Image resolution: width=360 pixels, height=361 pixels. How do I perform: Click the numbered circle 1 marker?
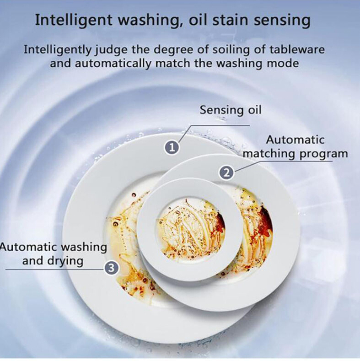coord(172,147)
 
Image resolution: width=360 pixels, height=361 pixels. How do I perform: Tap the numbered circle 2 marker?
coord(227,172)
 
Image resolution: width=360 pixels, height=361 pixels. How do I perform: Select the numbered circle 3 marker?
coord(112,268)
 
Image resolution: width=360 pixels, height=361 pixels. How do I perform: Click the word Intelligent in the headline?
coord(74,21)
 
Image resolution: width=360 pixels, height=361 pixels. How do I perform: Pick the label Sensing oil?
coord(231,110)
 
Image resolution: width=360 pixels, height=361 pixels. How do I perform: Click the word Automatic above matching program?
coord(296,140)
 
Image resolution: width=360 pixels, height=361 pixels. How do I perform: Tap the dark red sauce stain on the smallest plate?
coord(220,221)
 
